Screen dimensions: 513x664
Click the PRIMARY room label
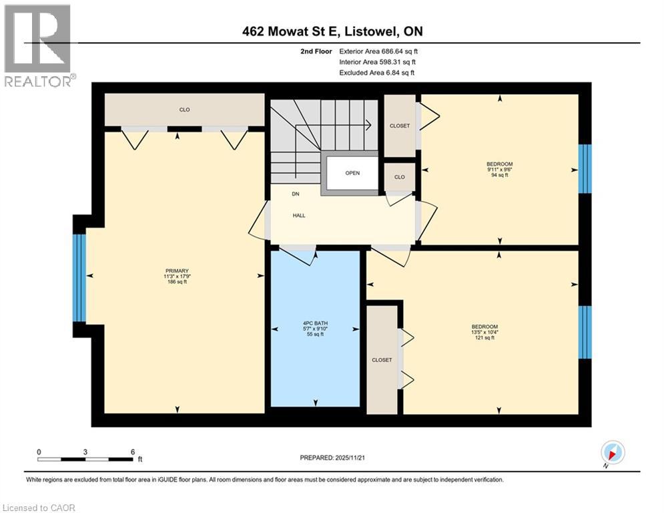click(177, 276)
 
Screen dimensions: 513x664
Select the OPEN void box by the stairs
click(352, 173)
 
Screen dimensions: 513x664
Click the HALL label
click(299, 216)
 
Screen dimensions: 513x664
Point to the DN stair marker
click(295, 194)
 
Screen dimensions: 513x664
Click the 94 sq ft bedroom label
click(500, 170)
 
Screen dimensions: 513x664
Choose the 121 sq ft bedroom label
click(484, 333)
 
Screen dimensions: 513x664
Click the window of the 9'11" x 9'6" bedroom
click(585, 167)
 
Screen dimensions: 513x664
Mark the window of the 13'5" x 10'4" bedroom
click(585, 332)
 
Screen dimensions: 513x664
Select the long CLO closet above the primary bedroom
click(184, 110)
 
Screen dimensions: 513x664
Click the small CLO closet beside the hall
click(400, 178)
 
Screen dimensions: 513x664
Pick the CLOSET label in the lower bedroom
click(382, 359)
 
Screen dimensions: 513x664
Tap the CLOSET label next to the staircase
click(400, 126)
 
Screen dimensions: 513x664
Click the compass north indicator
click(612, 452)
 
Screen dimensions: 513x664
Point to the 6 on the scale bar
click(133, 452)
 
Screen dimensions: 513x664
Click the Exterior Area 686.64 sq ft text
click(378, 51)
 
